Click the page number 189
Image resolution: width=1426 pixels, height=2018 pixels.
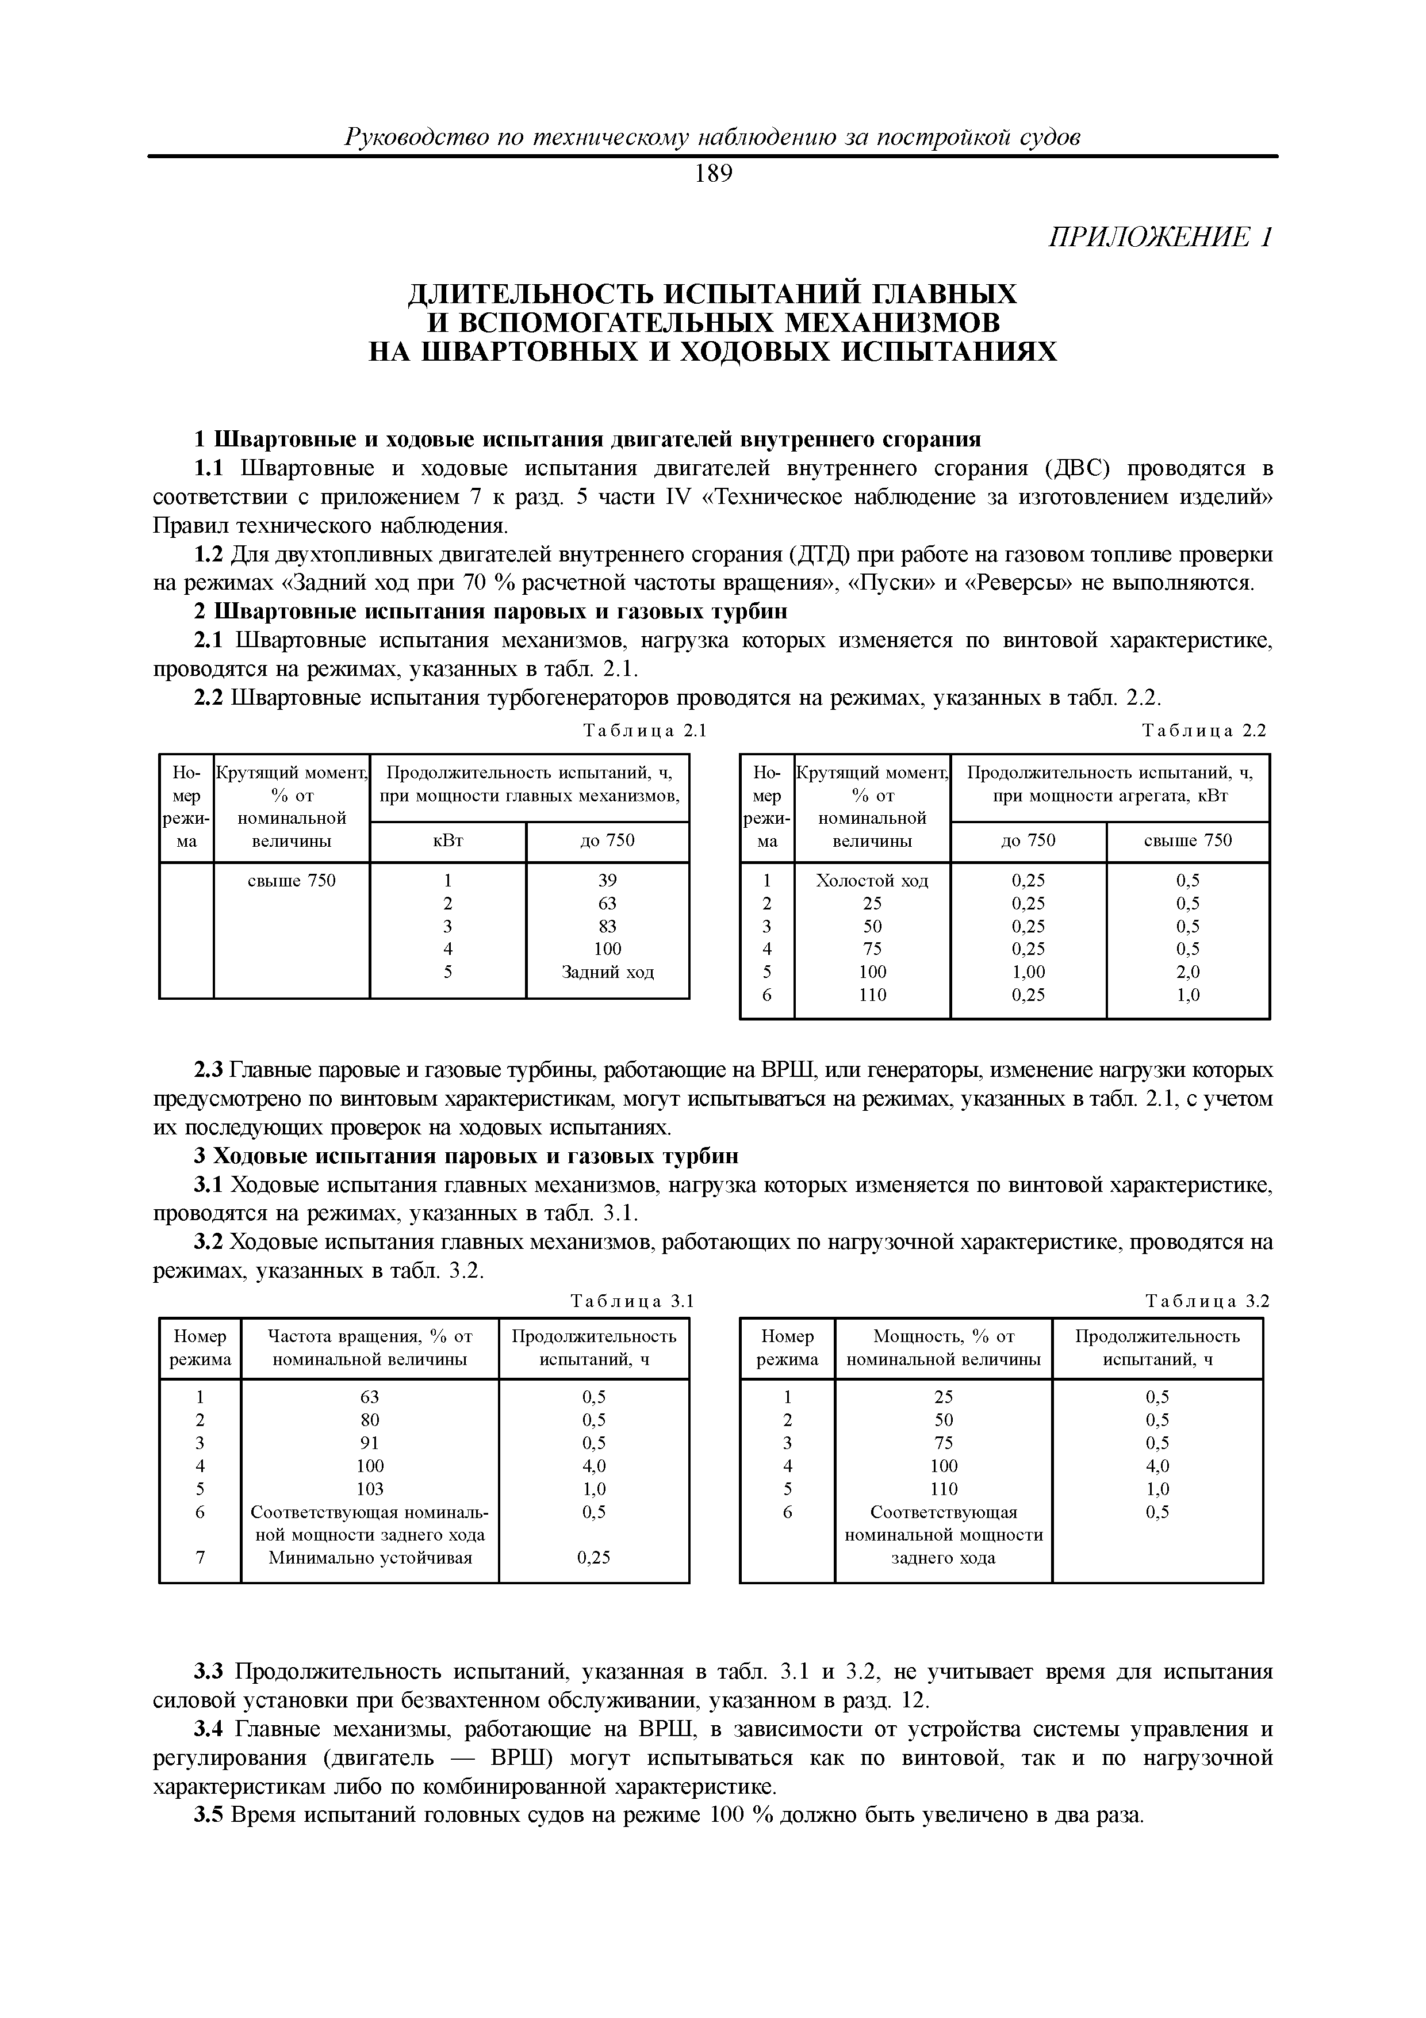[712, 174]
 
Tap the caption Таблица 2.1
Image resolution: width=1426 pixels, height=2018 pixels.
[646, 731]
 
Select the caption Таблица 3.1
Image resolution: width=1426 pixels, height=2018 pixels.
[632, 1301]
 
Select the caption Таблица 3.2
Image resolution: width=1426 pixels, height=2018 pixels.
[1208, 1301]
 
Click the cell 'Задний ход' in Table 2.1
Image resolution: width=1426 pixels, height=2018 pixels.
[607, 972]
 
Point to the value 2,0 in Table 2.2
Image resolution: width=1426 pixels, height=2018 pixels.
[1188, 972]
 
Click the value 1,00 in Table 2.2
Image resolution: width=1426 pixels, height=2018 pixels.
[1028, 972]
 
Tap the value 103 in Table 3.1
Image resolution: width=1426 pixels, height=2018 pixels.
[370, 1489]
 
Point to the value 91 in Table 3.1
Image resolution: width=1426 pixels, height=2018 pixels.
[370, 1442]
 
